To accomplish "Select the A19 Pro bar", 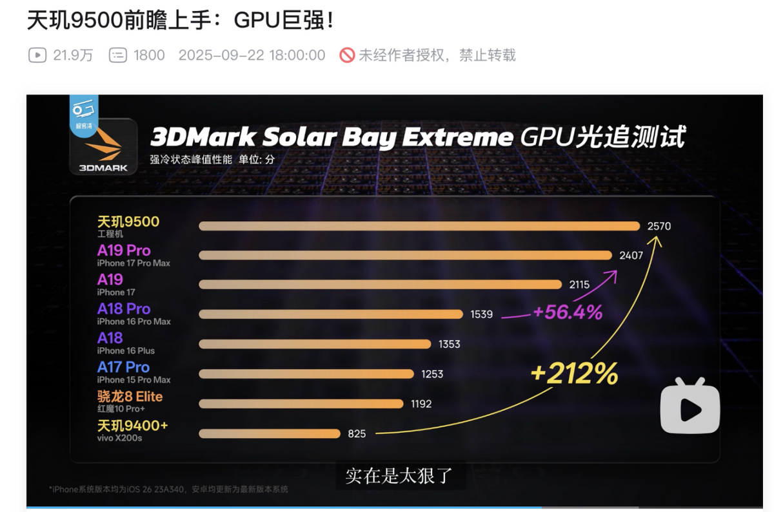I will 405,256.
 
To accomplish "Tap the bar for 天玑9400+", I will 269,433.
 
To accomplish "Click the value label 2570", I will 659,226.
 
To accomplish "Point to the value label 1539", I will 482,314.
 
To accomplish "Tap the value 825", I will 357,433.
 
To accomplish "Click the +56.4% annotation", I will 568,313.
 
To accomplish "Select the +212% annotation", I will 574,374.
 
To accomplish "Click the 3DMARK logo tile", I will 103,146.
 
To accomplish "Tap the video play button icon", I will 690,408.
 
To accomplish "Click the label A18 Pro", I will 124,308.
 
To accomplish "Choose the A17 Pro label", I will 123,367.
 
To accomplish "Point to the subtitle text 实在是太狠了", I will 399,477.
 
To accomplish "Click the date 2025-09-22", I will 222,55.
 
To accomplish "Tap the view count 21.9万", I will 73,55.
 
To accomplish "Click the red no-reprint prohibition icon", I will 347,55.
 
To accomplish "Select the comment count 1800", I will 149,55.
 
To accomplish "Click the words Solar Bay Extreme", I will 386,138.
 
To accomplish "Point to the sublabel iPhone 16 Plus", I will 126,351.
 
